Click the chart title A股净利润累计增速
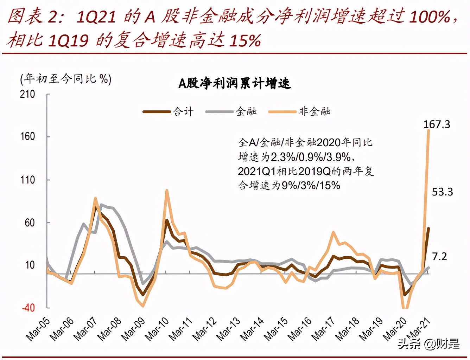click(x=235, y=83)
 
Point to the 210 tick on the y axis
click(x=27, y=94)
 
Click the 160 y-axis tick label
click(x=27, y=136)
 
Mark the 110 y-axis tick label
click(x=27, y=180)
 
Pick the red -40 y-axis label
click(x=28, y=308)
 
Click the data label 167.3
click(x=436, y=124)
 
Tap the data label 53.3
click(x=442, y=192)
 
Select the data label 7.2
click(x=439, y=257)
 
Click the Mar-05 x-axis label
click(x=38, y=329)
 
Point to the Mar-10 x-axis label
click(x=157, y=329)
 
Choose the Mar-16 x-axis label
click(x=300, y=329)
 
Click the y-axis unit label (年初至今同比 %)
click(x=66, y=79)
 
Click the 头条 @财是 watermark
click(x=428, y=343)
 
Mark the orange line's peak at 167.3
click(x=428, y=131)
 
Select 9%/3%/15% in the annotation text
click(x=311, y=185)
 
